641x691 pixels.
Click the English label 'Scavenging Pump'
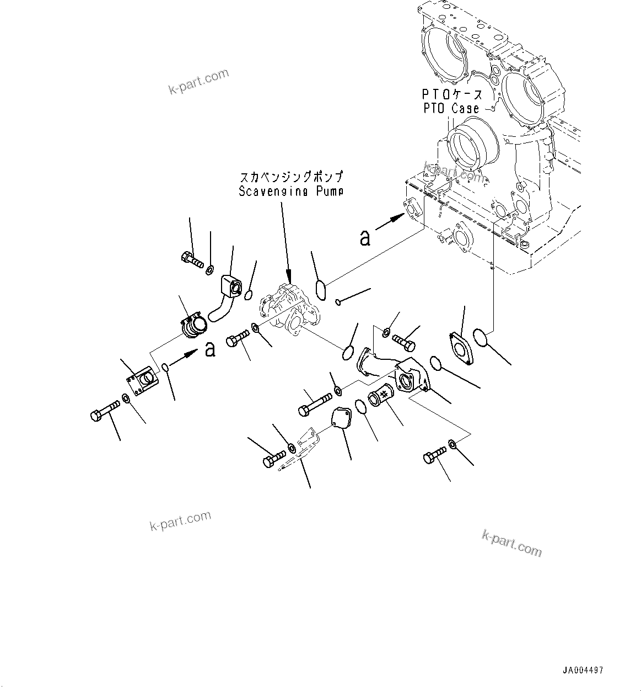point(291,192)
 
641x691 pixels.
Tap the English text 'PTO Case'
point(451,109)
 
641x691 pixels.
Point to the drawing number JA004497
point(583,671)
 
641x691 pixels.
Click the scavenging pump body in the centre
point(290,310)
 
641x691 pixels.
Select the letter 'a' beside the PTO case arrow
point(364,238)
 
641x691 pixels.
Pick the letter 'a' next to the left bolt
point(209,349)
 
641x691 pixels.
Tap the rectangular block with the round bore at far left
point(142,382)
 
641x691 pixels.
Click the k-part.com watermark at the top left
point(198,82)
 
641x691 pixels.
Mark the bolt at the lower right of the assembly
point(435,456)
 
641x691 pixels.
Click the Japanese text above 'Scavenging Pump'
point(291,178)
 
